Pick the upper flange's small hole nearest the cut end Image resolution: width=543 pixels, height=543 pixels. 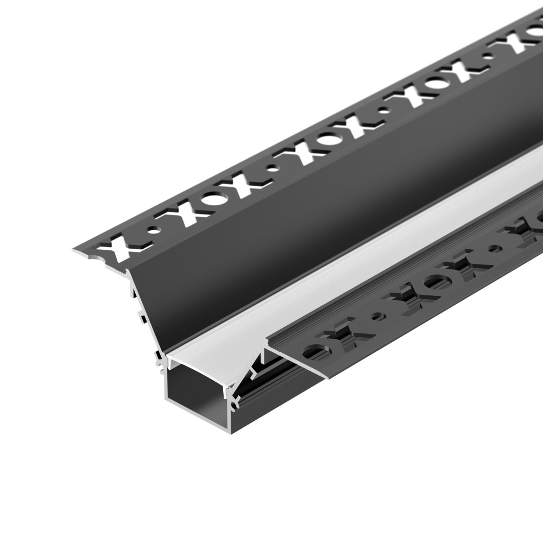[x=157, y=229]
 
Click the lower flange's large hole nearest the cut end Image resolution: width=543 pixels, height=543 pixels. [x=311, y=352]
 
